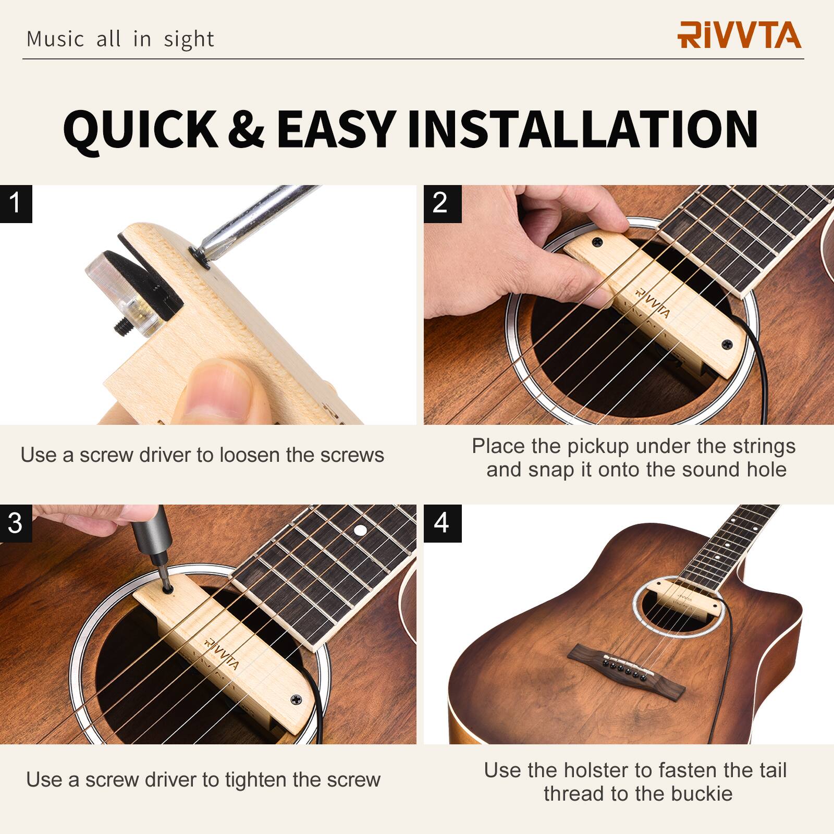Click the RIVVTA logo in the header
(739, 35)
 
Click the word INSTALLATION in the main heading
(582, 129)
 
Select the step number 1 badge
(16, 203)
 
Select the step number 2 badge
(441, 203)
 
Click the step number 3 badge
(16, 523)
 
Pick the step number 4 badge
(441, 523)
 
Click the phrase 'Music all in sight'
(120, 39)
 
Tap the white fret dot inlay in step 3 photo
(359, 531)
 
